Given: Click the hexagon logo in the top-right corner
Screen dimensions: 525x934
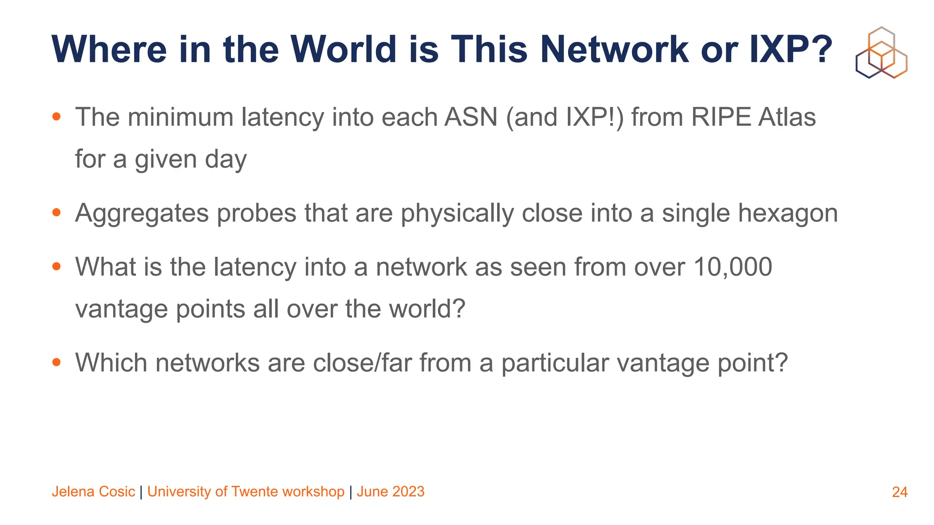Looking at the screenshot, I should [881, 52].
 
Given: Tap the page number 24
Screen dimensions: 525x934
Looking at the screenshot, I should [899, 492].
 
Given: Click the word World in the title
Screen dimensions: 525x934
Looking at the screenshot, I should [343, 49].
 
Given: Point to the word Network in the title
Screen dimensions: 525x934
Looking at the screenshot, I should [614, 49].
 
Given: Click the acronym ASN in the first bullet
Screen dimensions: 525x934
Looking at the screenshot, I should [471, 117].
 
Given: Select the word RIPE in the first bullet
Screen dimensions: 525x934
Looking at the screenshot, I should [721, 117].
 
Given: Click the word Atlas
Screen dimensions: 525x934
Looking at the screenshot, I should [787, 117].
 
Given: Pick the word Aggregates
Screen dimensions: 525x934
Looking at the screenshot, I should [141, 213].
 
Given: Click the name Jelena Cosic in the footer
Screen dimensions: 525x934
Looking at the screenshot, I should [93, 492].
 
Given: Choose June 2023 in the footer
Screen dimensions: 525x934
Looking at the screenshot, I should [390, 492].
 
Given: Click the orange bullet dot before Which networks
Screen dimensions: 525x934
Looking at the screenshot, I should [57, 362].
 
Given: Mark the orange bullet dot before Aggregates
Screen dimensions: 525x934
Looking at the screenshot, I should [57, 212].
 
